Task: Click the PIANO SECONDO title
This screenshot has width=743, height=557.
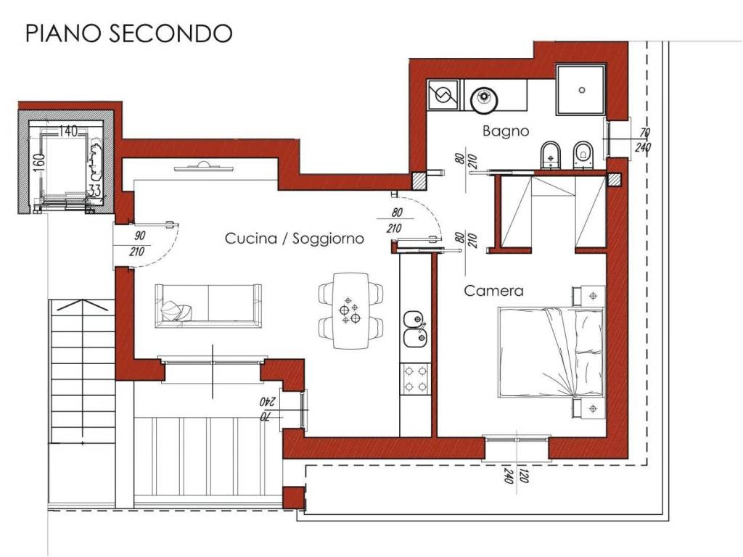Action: (129, 33)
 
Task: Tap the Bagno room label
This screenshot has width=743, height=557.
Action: (506, 131)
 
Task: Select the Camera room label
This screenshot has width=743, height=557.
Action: (493, 290)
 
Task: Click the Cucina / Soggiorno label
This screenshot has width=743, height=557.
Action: (295, 238)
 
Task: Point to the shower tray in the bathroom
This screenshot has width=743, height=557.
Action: (581, 89)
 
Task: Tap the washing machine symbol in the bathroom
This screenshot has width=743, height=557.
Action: (443, 95)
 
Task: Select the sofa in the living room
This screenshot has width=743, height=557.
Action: (208, 305)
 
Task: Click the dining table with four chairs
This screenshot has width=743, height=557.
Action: (350, 310)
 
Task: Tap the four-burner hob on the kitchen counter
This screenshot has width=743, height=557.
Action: (415, 379)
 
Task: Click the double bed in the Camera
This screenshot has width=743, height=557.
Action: (551, 352)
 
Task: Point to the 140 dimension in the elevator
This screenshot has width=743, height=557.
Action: (68, 131)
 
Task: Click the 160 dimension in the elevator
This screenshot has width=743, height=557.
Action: (40, 161)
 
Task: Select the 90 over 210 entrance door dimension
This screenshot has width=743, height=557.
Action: (139, 244)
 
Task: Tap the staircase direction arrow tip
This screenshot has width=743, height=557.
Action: (83, 300)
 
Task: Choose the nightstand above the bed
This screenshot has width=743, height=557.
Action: (589, 296)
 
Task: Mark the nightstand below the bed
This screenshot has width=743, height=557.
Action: (589, 408)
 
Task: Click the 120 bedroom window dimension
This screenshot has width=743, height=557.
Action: (524, 476)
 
